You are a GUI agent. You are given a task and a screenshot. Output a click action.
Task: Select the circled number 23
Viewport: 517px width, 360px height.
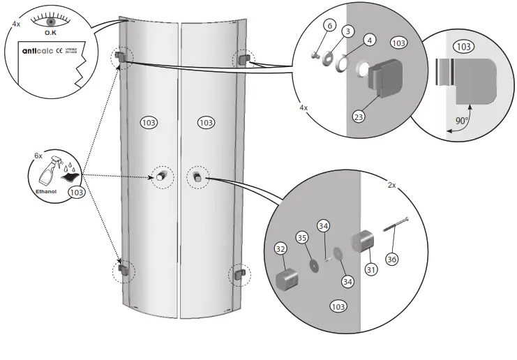[x=359, y=117]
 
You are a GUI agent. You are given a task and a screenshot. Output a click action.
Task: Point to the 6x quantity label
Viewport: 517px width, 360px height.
[x=38, y=157]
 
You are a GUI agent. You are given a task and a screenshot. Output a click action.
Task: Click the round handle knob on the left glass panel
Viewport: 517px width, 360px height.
[x=160, y=176]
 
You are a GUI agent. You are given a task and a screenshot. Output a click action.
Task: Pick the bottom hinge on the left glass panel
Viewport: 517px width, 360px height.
[x=123, y=269]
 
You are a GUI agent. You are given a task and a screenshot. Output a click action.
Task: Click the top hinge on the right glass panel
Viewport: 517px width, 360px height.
[x=243, y=59]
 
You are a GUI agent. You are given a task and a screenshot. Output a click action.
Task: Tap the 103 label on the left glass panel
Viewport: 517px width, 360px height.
[x=148, y=122]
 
